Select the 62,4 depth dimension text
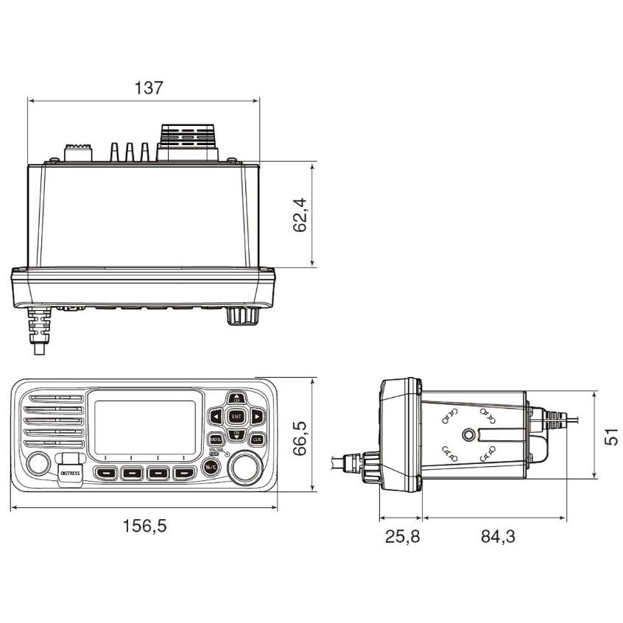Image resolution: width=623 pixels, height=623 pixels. pyautogui.click(x=300, y=215)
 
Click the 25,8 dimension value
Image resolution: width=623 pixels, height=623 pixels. pyautogui.click(x=401, y=536)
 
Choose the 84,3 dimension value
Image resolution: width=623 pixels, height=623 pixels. pyautogui.click(x=499, y=536)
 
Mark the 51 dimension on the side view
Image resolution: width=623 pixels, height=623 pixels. pyautogui.click(x=610, y=435)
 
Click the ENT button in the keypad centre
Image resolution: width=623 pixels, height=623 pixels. pyautogui.click(x=236, y=416)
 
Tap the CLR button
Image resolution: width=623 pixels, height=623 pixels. pyautogui.click(x=257, y=440)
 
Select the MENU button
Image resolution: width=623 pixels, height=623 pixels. pyautogui.click(x=216, y=440)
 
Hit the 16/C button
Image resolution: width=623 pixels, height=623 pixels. pyautogui.click(x=211, y=468)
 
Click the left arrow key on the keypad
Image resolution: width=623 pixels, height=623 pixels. pyautogui.click(x=215, y=417)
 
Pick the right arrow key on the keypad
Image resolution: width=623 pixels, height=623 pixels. pyautogui.click(x=256, y=417)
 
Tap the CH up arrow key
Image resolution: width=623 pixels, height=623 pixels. pyautogui.click(x=236, y=398)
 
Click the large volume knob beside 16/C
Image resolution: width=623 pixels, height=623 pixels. pyautogui.click(x=245, y=468)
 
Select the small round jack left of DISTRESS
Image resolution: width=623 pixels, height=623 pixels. pyautogui.click(x=37, y=463)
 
